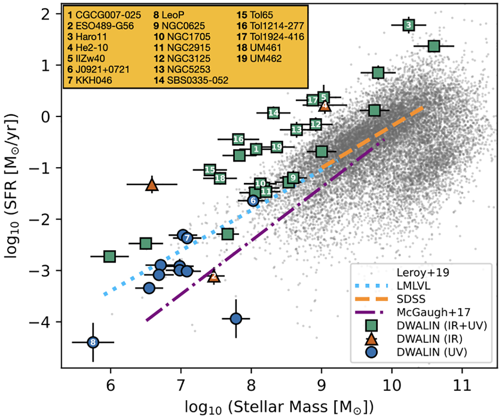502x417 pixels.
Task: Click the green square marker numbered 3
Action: [409, 25]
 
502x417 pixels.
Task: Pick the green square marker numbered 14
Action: [273, 113]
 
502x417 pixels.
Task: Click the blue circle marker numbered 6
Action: [253, 201]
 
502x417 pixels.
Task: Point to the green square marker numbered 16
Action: [238, 139]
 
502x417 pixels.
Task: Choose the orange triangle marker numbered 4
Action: [325, 106]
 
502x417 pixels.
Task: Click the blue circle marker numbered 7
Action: [187, 238]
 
